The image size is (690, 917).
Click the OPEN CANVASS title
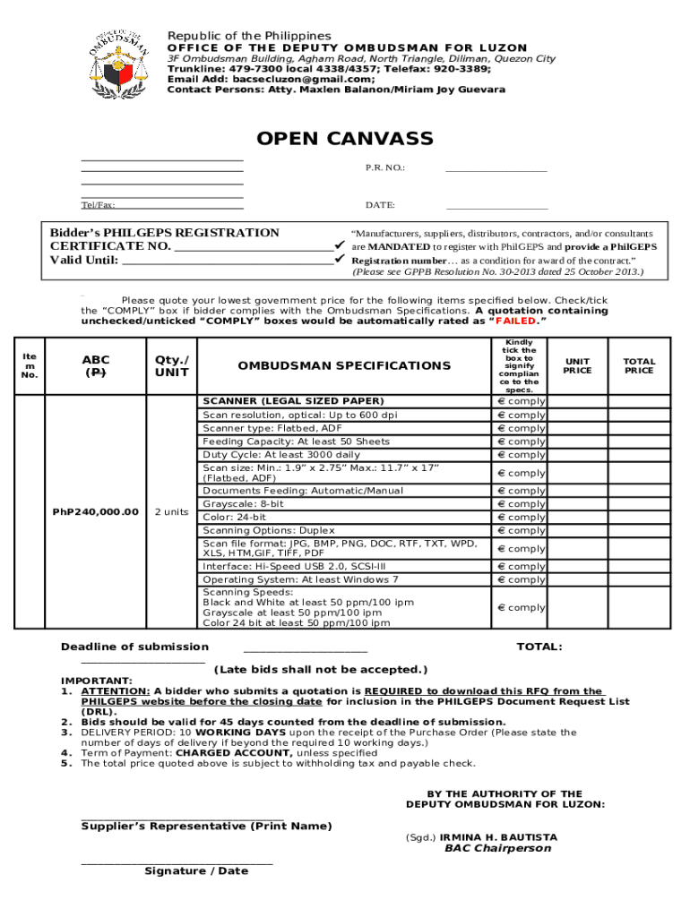click(x=345, y=139)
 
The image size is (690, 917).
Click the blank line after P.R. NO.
click(x=496, y=169)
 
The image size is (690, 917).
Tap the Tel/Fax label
click(x=99, y=205)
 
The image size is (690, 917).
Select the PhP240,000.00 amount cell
click(x=95, y=511)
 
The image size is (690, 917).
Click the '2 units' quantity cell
click(x=169, y=511)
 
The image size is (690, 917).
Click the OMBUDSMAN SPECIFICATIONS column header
click(x=344, y=365)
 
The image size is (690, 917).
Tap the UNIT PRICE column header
click(x=577, y=365)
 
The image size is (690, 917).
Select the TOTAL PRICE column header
click(x=639, y=365)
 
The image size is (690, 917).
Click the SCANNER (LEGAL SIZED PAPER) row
click(x=293, y=401)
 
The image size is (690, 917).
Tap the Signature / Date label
click(x=196, y=870)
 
